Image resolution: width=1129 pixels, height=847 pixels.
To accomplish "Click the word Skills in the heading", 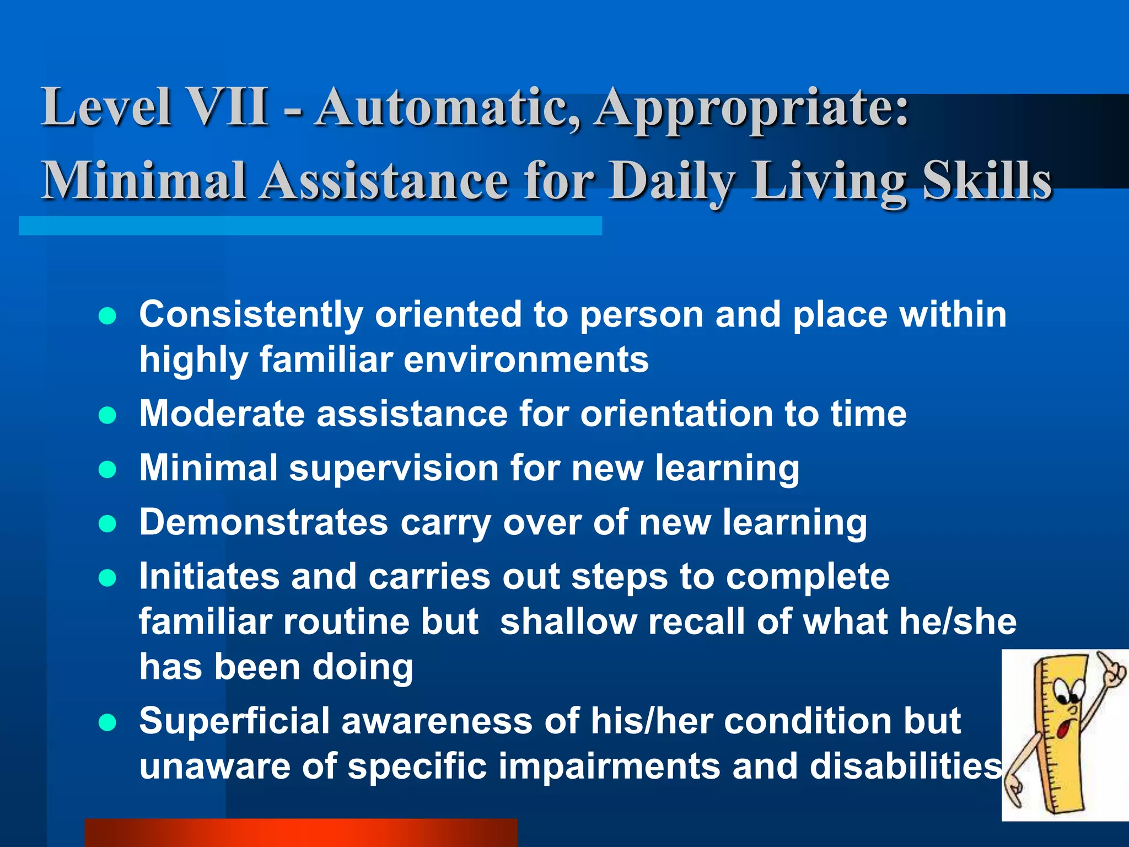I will click(x=986, y=181).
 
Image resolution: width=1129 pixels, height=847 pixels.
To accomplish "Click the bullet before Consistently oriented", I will click(x=107, y=317).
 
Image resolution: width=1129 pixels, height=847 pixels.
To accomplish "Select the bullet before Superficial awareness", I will click(x=107, y=722).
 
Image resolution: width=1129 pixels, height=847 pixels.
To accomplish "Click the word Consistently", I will click(x=251, y=315).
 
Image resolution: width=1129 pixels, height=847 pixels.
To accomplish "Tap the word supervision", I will click(x=394, y=468).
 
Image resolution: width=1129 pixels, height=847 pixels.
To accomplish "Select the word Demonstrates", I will click(x=264, y=522).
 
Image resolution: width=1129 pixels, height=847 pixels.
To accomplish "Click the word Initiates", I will click(x=209, y=577).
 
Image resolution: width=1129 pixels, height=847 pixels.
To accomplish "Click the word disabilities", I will click(x=905, y=766).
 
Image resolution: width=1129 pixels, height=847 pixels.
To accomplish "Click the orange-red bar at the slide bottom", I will click(x=300, y=833).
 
